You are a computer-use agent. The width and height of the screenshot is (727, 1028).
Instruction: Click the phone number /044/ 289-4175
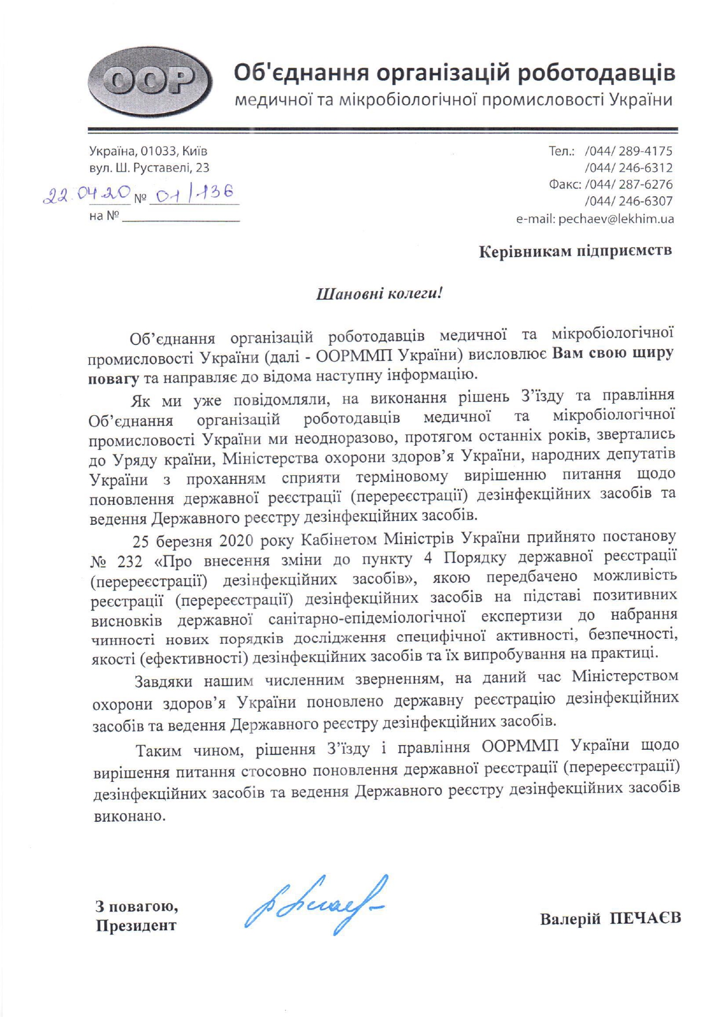pyautogui.click(x=629, y=151)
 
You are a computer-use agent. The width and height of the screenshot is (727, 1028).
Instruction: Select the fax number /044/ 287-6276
pyautogui.click(x=629, y=185)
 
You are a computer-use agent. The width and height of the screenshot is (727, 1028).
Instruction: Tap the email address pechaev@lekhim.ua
pyautogui.click(x=616, y=219)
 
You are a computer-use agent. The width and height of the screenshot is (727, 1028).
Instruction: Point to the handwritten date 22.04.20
pyautogui.click(x=87, y=194)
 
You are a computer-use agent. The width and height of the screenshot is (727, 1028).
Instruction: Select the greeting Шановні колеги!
pyautogui.click(x=379, y=293)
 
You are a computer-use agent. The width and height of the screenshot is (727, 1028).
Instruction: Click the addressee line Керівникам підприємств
pyautogui.click(x=575, y=251)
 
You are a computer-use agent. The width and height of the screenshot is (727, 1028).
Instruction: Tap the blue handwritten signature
pyautogui.click(x=316, y=905)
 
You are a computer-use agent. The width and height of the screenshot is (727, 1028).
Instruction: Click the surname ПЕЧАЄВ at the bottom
pyautogui.click(x=645, y=918)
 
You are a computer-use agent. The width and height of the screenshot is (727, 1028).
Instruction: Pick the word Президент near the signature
pyautogui.click(x=136, y=925)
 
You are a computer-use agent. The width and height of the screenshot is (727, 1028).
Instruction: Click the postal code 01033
pyautogui.click(x=158, y=151)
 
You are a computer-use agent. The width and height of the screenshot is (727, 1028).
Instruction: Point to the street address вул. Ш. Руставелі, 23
pyautogui.click(x=149, y=168)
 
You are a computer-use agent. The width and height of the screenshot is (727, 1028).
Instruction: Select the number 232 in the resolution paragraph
pyautogui.click(x=129, y=562)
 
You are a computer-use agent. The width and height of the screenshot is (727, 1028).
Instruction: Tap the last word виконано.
pyautogui.click(x=129, y=816)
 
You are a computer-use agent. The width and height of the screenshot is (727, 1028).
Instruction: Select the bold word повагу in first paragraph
pyautogui.click(x=113, y=379)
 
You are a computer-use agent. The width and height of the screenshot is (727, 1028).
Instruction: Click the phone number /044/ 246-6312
pyautogui.click(x=629, y=168)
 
